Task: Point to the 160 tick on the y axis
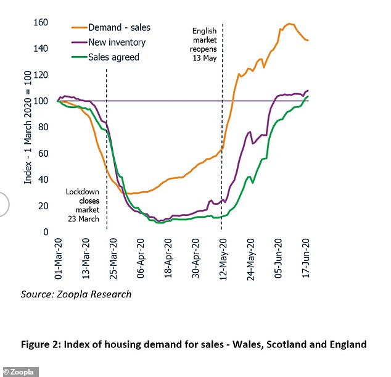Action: (40, 23)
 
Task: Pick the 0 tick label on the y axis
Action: (45, 232)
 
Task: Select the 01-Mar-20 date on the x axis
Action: (59, 260)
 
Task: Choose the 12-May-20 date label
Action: (224, 260)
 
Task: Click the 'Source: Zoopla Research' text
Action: (76, 294)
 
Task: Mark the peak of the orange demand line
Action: (289, 23)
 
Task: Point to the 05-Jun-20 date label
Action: (279, 260)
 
